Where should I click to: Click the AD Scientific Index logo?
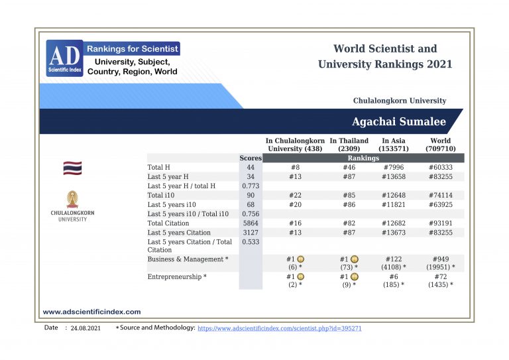64,58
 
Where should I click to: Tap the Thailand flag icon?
72,168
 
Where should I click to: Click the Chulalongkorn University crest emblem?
72,200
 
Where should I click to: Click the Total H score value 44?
250,168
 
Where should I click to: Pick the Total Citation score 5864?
250,223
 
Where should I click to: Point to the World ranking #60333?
440,168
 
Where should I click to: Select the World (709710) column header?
440,145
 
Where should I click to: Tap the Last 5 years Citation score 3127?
250,233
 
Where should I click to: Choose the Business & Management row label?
188,259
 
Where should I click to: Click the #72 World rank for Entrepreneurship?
440,276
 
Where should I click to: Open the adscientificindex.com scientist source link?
280,328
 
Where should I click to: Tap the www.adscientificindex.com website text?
91,312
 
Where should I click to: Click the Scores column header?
250,158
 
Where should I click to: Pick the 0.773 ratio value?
250,186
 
